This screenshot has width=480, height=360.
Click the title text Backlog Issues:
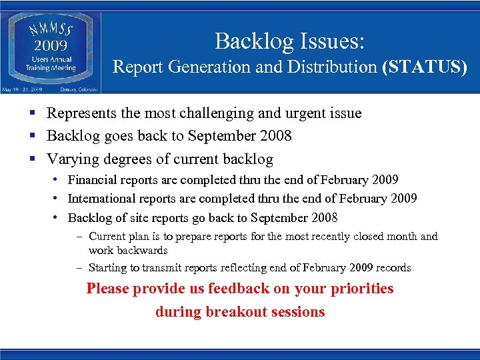[x=289, y=41]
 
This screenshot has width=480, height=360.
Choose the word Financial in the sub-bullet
[x=93, y=180]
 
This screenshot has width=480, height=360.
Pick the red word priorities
[x=360, y=289]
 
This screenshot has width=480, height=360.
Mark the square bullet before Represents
[x=33, y=114]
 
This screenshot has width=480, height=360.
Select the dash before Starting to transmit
[x=79, y=268]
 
